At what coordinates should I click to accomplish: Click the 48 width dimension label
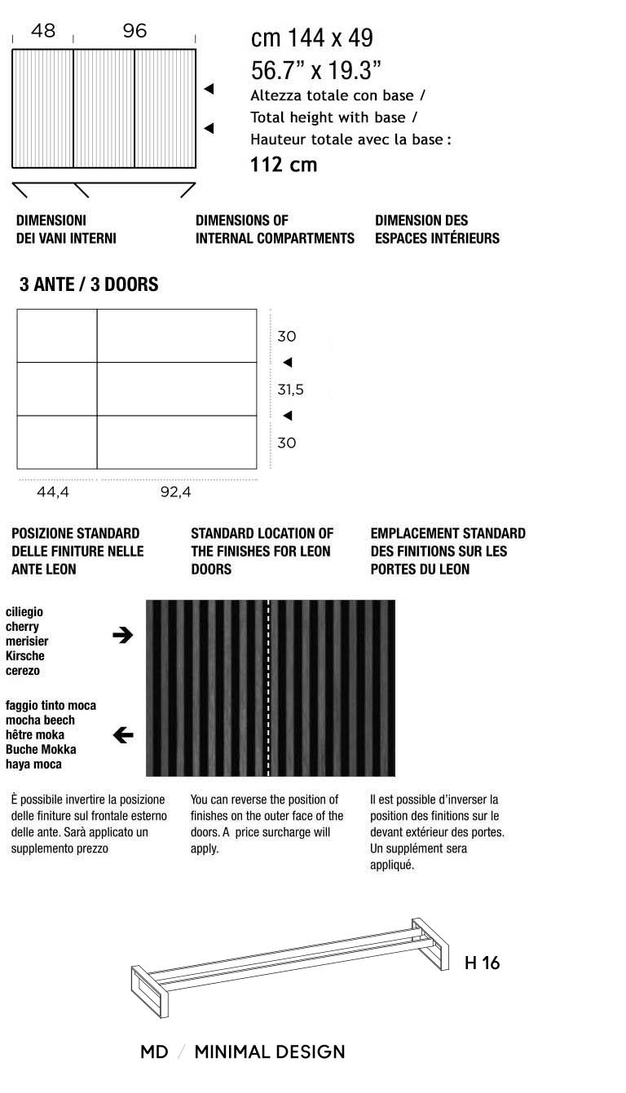tap(43, 31)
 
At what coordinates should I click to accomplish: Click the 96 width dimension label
tap(134, 31)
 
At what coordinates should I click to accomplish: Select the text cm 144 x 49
tap(311, 38)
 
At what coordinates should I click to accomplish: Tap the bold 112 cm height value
tap(283, 165)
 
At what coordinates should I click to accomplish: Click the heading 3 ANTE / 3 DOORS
tap(89, 285)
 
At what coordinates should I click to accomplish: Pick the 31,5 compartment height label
tap(290, 390)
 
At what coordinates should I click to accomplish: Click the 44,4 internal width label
tap(53, 492)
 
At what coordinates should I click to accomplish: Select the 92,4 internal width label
tap(175, 492)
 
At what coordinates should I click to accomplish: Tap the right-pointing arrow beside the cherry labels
tap(122, 636)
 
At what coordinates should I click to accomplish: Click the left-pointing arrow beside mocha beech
tap(122, 735)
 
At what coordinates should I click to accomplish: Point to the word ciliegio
tap(24, 612)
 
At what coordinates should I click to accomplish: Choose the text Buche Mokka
tap(37, 750)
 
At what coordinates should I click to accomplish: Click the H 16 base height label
tap(482, 963)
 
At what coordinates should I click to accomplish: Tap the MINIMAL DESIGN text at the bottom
tap(269, 1052)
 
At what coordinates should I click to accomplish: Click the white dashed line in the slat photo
tap(268, 688)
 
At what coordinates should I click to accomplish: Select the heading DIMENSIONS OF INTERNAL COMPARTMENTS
tap(275, 229)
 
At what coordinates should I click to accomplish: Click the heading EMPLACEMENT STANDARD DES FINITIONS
tap(447, 551)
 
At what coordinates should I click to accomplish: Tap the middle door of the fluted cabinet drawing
tap(104, 108)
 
